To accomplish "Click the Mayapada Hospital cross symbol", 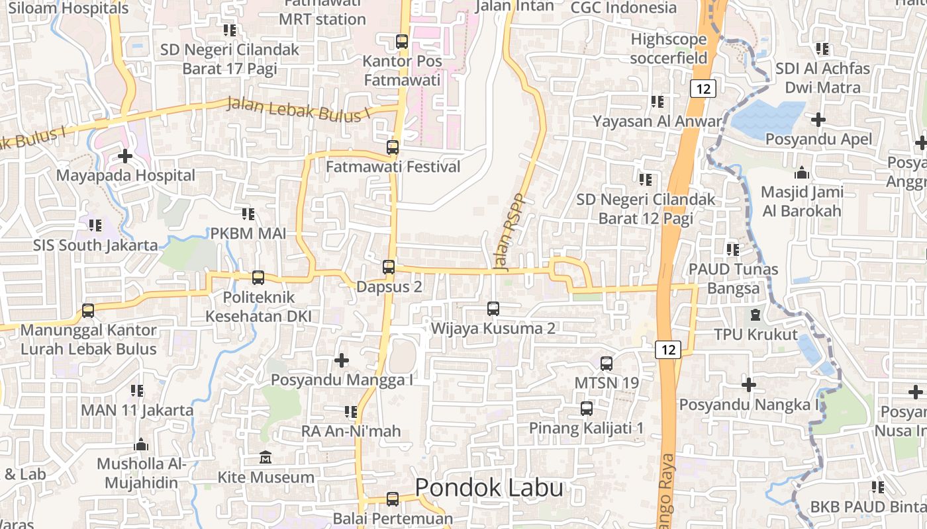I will (x=125, y=156).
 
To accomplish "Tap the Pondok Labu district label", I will (x=489, y=488).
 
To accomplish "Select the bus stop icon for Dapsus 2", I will (x=389, y=267).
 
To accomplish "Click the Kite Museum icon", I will (x=266, y=458).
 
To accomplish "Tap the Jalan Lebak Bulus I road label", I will (x=297, y=109).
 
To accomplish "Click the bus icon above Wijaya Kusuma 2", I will (x=493, y=308).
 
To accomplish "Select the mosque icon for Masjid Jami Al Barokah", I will (x=802, y=173).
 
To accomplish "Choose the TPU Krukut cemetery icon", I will (x=756, y=315).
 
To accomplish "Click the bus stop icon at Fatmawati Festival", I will (x=393, y=147).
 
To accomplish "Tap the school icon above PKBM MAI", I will (x=248, y=214).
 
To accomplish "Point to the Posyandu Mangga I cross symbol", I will (x=342, y=360).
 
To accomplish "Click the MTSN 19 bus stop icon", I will (x=607, y=363).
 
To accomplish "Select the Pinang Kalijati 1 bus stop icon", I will (x=587, y=409).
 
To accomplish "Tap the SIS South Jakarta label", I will (x=96, y=245).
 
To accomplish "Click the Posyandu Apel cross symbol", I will (x=818, y=120).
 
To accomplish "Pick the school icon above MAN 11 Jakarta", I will (x=137, y=391).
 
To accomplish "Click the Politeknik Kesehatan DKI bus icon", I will (x=258, y=278).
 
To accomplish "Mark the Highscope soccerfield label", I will (x=669, y=48).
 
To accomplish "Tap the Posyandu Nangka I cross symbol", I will (x=749, y=384).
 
